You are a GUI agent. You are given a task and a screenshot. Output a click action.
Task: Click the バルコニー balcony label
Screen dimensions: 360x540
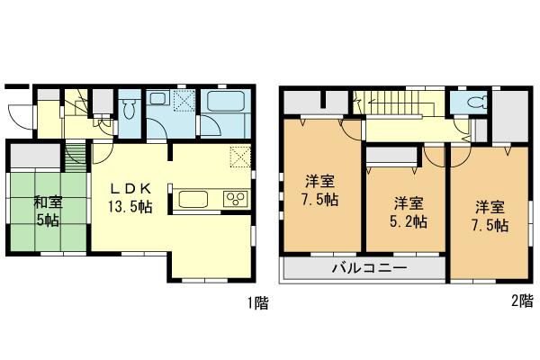(x=368, y=268)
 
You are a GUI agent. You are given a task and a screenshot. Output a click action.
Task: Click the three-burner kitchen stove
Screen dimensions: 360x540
(x=236, y=199)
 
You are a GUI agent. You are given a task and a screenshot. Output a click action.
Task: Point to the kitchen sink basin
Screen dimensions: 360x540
(x=193, y=199)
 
